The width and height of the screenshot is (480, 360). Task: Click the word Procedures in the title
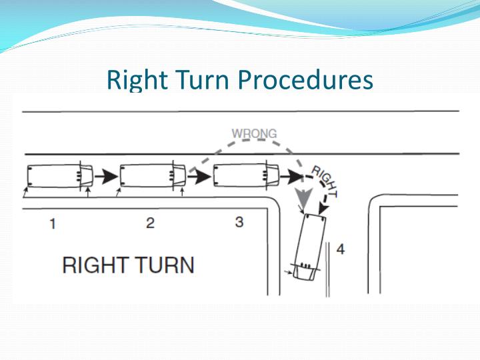(305, 79)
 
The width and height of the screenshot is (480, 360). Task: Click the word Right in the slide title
(137, 80)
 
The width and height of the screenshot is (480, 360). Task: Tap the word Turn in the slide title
(203, 79)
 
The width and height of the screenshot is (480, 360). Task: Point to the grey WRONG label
(254, 133)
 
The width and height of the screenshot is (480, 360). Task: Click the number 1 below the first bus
(53, 224)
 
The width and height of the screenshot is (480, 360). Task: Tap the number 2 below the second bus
(150, 223)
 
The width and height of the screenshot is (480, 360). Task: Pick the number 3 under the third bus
(239, 222)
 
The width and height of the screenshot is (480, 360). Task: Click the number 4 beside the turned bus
(341, 249)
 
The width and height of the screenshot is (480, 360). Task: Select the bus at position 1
(60, 176)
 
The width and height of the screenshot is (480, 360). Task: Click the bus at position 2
(153, 176)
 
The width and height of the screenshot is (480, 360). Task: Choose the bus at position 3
(246, 176)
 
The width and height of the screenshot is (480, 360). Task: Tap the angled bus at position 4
(309, 247)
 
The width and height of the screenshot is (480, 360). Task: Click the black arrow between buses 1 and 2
(106, 176)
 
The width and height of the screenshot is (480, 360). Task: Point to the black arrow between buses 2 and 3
(199, 176)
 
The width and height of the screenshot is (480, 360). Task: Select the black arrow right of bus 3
(292, 176)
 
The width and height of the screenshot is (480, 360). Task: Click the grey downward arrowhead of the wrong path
(303, 196)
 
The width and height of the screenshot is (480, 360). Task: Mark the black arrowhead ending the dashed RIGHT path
(323, 209)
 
